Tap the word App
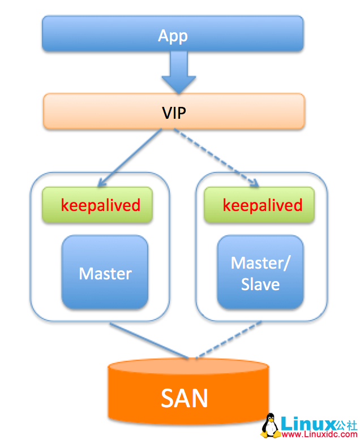[x=173, y=36]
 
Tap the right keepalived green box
[x=260, y=205]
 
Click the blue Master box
[x=105, y=273]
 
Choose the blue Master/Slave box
[x=260, y=273]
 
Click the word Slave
[x=260, y=284]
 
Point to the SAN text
[x=185, y=399]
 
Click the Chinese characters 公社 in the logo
[x=346, y=423]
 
